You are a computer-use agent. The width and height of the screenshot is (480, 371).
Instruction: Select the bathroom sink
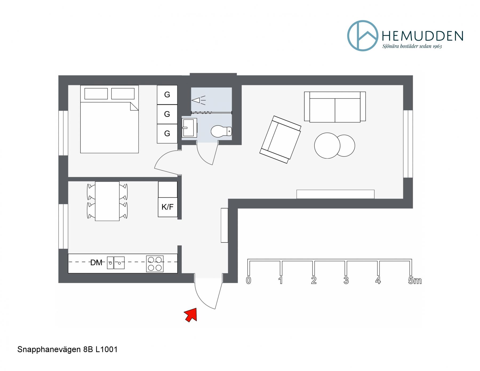[x=189, y=128]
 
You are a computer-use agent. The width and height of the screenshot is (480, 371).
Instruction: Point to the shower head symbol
[x=198, y=100]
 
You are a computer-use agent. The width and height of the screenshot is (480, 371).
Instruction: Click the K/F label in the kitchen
[x=167, y=207]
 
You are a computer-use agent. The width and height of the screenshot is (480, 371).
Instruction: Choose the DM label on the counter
[x=96, y=263]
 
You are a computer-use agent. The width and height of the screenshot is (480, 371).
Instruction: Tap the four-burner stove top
[x=155, y=264]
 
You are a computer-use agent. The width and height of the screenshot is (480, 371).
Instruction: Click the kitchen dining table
[x=107, y=201]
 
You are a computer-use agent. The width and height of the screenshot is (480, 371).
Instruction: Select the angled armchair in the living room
[x=281, y=139]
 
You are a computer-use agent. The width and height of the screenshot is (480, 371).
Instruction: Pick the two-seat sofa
[x=335, y=107]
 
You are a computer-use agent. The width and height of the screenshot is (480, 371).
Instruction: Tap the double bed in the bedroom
[x=109, y=119]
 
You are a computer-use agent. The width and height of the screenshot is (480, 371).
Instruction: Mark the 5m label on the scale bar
[x=415, y=281]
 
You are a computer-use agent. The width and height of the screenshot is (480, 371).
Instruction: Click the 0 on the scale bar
[x=249, y=281]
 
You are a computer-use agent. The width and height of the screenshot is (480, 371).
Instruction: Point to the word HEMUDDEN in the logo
[x=423, y=36]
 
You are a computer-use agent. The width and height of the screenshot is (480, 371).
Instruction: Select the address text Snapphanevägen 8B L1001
[x=67, y=349]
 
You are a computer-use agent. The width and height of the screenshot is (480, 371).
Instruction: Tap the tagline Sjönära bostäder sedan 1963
[x=412, y=46]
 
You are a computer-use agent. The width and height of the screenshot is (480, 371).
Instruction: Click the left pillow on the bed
[x=96, y=94]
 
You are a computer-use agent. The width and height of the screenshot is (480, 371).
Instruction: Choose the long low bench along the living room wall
[x=335, y=194]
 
